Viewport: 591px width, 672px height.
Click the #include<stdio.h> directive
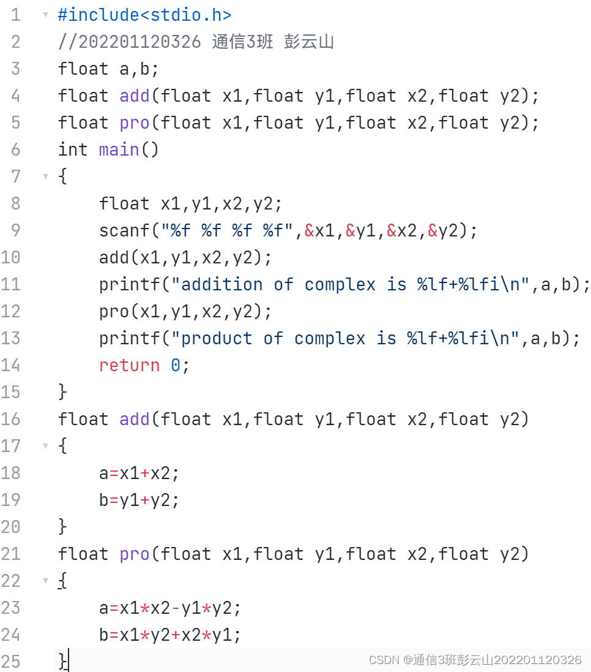(144, 15)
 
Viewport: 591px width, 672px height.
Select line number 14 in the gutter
(11, 365)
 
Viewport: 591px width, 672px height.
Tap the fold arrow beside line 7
(45, 176)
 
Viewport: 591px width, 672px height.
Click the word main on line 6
(119, 149)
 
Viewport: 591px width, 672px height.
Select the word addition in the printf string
(222, 284)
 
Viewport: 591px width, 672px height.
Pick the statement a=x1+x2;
(139, 473)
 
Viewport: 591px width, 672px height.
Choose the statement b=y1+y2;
(139, 500)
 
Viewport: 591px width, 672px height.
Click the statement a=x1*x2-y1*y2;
(170, 608)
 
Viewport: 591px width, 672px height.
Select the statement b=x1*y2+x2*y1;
(170, 635)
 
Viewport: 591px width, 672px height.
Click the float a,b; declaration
(108, 69)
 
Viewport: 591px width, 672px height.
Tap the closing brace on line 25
(62, 661)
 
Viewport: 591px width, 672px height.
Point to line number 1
(15, 15)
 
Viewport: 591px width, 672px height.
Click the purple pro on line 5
(135, 123)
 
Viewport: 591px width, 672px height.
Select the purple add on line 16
(135, 419)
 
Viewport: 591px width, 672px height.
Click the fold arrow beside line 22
(45, 581)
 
